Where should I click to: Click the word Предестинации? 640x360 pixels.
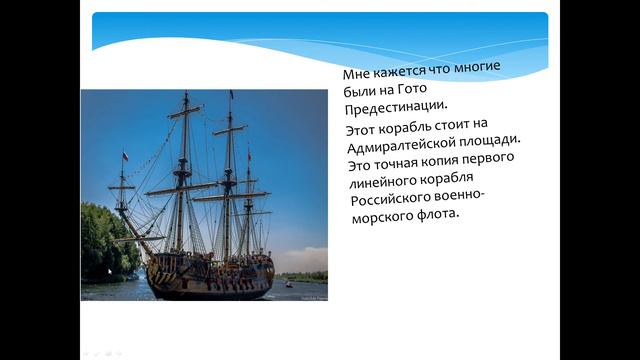(x=395, y=105)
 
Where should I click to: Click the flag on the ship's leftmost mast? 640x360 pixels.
(x=125, y=156)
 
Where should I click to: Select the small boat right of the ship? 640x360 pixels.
(x=289, y=284)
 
